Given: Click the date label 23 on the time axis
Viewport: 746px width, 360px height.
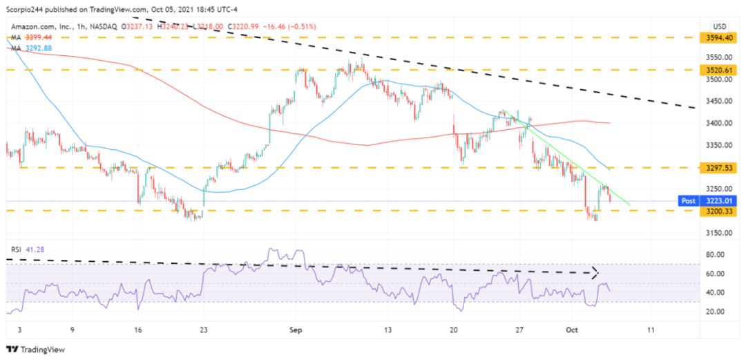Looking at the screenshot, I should (203, 330).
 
